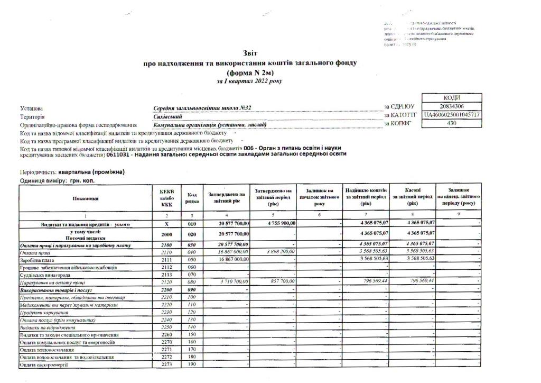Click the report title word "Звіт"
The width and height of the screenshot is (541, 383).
(250, 53)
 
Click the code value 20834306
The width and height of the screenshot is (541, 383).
(451, 106)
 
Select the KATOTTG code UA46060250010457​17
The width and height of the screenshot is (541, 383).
(452, 115)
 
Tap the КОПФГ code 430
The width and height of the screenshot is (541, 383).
(452, 123)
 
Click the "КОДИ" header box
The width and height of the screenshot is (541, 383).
(452, 98)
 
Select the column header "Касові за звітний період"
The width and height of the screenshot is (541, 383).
(413, 196)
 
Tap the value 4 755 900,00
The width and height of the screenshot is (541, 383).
(275, 223)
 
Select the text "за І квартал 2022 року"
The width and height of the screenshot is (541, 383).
(249, 81)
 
